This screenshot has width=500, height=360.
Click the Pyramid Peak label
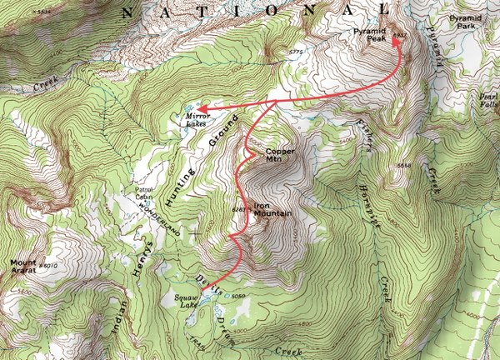point(369,35)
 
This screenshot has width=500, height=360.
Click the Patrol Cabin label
point(147,192)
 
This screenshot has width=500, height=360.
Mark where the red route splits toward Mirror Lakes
point(276,102)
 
